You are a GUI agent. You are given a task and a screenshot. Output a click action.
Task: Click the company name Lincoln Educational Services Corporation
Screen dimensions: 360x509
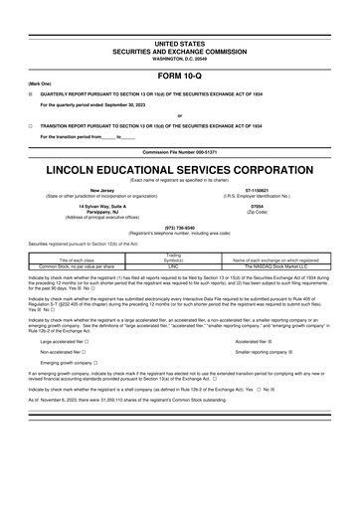(x=179, y=170)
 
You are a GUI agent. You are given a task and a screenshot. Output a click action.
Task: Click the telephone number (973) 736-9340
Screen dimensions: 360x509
(x=179, y=227)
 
